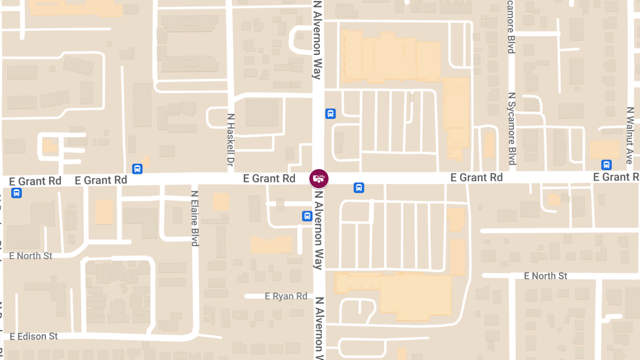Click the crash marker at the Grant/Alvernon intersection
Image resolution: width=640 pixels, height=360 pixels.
pos(319,178)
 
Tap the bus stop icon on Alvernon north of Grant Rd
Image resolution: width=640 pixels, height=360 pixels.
pos(331,114)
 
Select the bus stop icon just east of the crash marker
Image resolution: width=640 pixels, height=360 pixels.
pos(359,188)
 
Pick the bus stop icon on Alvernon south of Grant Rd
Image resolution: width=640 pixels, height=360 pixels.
pos(307,216)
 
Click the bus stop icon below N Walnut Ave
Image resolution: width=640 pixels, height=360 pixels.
pos(606,165)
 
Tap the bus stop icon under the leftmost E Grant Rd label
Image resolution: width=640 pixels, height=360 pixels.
pos(17,193)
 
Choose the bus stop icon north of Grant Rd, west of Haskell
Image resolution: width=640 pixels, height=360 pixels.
pos(138,169)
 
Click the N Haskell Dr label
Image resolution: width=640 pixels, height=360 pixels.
pos(231,138)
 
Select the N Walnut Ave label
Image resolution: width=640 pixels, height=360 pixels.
pos(630,136)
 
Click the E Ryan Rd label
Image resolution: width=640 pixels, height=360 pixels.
pos(286,296)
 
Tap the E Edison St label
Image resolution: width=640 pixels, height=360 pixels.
pos(34,337)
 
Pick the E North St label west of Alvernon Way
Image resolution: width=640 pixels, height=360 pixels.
pos(31,256)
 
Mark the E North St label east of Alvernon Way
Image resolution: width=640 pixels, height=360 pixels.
pos(546,276)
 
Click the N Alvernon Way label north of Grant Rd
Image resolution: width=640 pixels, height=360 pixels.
pos(318,40)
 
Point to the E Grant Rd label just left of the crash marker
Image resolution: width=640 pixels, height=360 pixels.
pos(269,178)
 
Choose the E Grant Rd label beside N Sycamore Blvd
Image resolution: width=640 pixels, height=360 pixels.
pos(476,177)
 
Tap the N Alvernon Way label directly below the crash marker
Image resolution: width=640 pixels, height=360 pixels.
pos(318,229)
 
